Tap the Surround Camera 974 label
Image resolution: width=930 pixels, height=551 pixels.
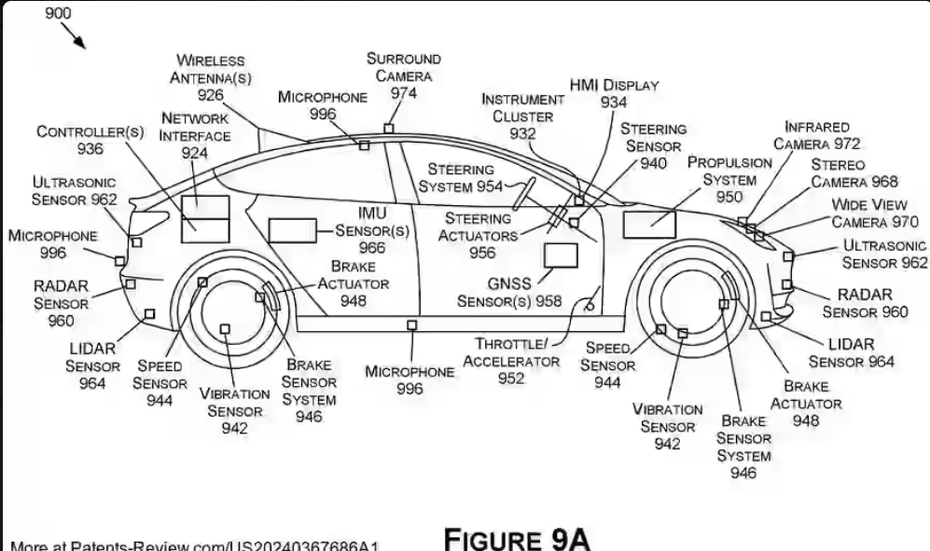[x=403, y=76]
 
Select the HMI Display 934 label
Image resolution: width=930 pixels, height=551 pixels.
[x=614, y=93]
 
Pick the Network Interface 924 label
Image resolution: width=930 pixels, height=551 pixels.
[x=194, y=135]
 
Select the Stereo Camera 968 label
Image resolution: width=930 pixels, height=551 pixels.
[x=853, y=173]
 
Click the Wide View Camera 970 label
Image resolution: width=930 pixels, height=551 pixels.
[x=874, y=214]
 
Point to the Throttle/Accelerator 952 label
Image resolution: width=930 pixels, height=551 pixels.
[x=511, y=361]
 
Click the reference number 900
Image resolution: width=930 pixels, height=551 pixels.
[x=58, y=12]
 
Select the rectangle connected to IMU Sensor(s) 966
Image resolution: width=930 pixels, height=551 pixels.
[x=291, y=229]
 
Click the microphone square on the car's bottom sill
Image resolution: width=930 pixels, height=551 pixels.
[x=411, y=324]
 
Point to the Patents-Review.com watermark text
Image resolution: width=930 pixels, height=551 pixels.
[x=196, y=544]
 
